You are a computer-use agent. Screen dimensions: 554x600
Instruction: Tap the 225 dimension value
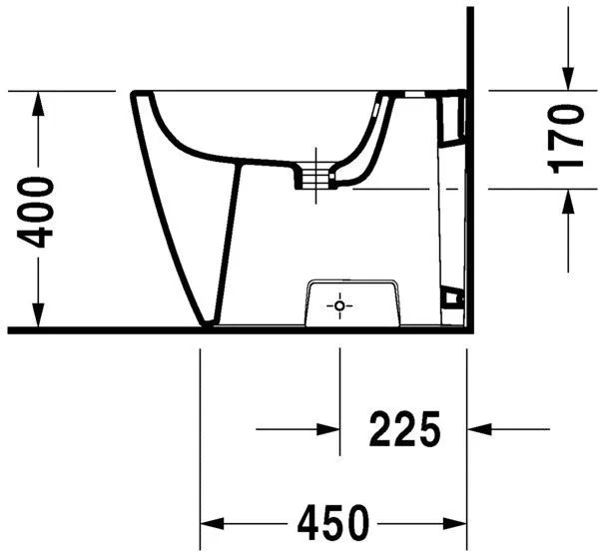tap(404, 430)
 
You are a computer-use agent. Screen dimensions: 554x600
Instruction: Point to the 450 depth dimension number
tap(331, 522)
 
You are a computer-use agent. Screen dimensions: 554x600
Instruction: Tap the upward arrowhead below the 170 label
tap(566, 201)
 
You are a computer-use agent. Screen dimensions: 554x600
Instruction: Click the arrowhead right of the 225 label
tap(480, 430)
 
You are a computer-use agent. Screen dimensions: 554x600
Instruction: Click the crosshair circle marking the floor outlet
tap(340, 304)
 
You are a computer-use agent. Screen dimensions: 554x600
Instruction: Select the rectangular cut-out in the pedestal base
tap(353, 300)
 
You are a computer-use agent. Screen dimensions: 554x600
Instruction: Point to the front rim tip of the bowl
tap(135, 96)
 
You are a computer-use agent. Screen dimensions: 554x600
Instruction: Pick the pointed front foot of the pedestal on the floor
tap(208, 323)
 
